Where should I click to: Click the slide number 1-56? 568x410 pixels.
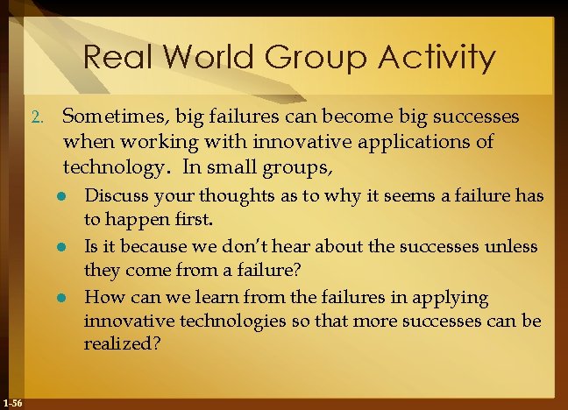click(x=13, y=402)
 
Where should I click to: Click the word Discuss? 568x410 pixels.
click(x=114, y=196)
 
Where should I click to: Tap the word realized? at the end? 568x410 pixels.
click(x=122, y=346)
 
